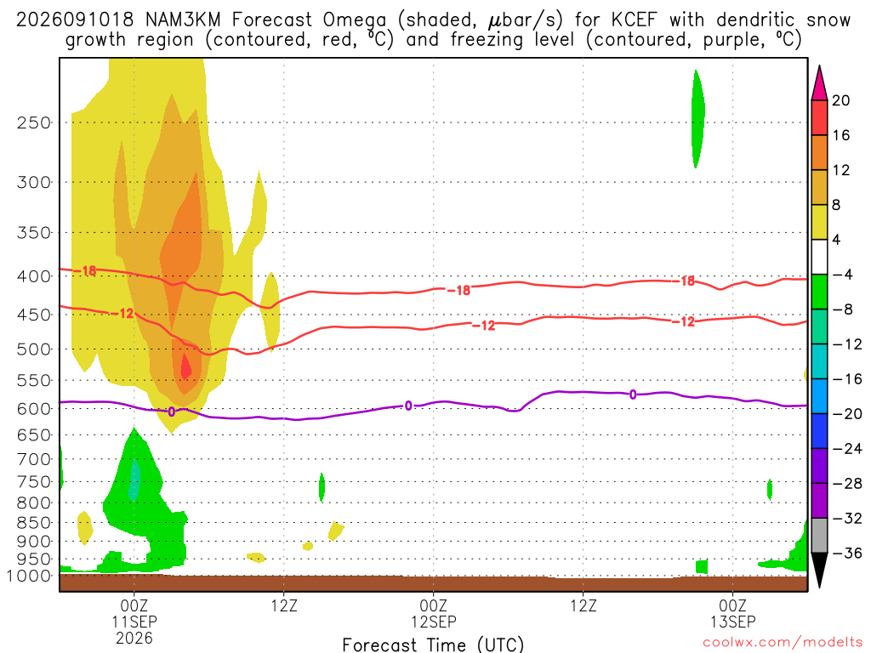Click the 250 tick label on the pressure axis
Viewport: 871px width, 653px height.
click(34, 122)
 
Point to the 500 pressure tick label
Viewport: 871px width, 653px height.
click(34, 349)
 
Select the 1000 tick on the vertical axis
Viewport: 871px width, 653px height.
click(29, 576)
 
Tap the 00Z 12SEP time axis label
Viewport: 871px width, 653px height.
click(433, 613)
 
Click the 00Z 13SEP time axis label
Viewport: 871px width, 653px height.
click(733, 613)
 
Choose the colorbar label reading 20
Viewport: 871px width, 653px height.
click(841, 100)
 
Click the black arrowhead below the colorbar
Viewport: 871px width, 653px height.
click(819, 569)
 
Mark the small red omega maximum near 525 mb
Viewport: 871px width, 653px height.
click(185, 366)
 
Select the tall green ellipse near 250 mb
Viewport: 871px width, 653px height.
click(697, 119)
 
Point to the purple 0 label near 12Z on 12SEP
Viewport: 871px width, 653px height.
click(633, 395)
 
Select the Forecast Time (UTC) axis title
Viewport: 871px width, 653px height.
click(433, 644)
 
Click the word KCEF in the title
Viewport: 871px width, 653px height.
click(634, 20)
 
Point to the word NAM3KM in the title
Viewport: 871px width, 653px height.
click(183, 20)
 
